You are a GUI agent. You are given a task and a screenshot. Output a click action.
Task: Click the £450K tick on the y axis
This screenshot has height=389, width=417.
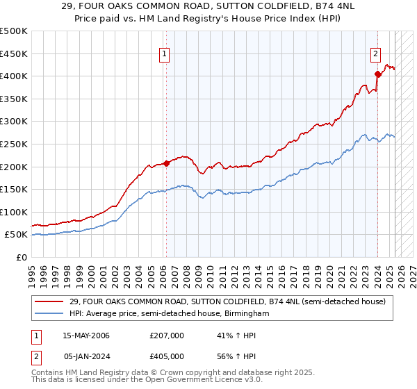pos(14,53)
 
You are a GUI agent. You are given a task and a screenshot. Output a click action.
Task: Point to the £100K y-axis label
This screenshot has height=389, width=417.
pos(14,212)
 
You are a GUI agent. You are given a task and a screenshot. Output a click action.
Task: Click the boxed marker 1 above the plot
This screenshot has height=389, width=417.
pos(165,54)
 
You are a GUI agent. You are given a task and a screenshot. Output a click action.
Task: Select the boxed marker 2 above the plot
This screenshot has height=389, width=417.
pos(375,54)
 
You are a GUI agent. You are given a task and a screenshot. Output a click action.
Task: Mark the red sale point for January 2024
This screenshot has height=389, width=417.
pos(377,74)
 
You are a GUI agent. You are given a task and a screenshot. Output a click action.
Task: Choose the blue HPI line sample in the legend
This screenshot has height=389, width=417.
pos(49,313)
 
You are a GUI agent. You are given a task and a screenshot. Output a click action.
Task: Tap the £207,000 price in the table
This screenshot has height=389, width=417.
pos(166,336)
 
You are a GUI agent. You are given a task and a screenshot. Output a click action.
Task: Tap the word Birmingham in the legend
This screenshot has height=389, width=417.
pos(246,313)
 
